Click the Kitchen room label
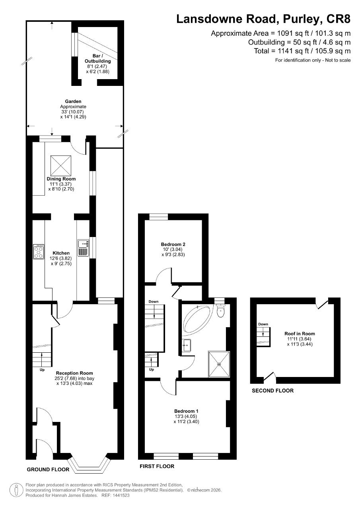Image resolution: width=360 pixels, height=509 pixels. click(x=61, y=253)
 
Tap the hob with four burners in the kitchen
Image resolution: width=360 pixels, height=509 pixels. click(x=39, y=252)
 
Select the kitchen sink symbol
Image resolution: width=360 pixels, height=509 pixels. click(x=83, y=247)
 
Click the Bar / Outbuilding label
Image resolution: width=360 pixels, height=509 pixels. click(x=97, y=58)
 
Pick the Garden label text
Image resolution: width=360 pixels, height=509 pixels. click(x=73, y=101)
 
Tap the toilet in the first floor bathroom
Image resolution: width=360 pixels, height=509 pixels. click(x=220, y=311)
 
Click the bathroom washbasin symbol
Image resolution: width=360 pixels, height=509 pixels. click(x=187, y=346)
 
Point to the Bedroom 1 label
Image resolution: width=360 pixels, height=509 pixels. click(x=186, y=411)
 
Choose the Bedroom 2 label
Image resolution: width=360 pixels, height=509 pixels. click(x=173, y=244)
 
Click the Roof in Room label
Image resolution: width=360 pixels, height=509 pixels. click(x=300, y=334)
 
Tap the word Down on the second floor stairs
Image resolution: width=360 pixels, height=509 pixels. click(x=263, y=324)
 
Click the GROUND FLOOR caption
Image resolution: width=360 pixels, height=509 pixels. click(x=48, y=470)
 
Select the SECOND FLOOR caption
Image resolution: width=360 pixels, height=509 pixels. click(x=273, y=391)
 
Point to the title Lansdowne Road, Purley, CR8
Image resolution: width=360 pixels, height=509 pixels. click(x=263, y=19)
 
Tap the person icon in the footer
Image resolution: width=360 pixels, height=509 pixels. click(x=16, y=490)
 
